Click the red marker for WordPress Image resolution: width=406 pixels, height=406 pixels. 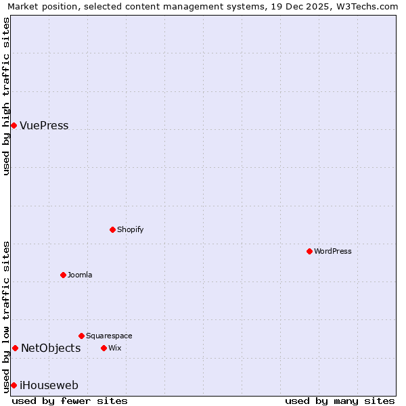point(309,251)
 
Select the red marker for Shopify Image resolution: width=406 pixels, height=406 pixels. point(112,229)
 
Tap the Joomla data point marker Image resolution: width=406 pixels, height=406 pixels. point(63,275)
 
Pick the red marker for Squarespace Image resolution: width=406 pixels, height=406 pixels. point(81,336)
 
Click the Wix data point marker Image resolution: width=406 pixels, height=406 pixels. point(104,348)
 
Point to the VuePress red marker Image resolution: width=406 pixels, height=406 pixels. point(14,125)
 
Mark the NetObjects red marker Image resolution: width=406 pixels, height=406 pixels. point(15,348)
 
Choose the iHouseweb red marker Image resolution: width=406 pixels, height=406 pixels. point(14,385)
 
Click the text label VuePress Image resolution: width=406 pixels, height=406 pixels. point(44,125)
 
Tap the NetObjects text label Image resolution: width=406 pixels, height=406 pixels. point(51,348)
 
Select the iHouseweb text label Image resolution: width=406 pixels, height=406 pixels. point(49,386)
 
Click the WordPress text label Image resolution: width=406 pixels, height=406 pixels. point(333,251)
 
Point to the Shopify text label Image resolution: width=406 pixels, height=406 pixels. point(131,229)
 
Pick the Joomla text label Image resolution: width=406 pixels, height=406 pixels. point(80,275)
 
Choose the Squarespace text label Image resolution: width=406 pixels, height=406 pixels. point(109,336)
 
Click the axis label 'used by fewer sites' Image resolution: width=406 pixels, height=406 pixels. point(70,401)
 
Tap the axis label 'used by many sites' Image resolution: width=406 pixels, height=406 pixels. point(340,401)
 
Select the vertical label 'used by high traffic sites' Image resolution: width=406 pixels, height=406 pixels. point(6,96)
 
